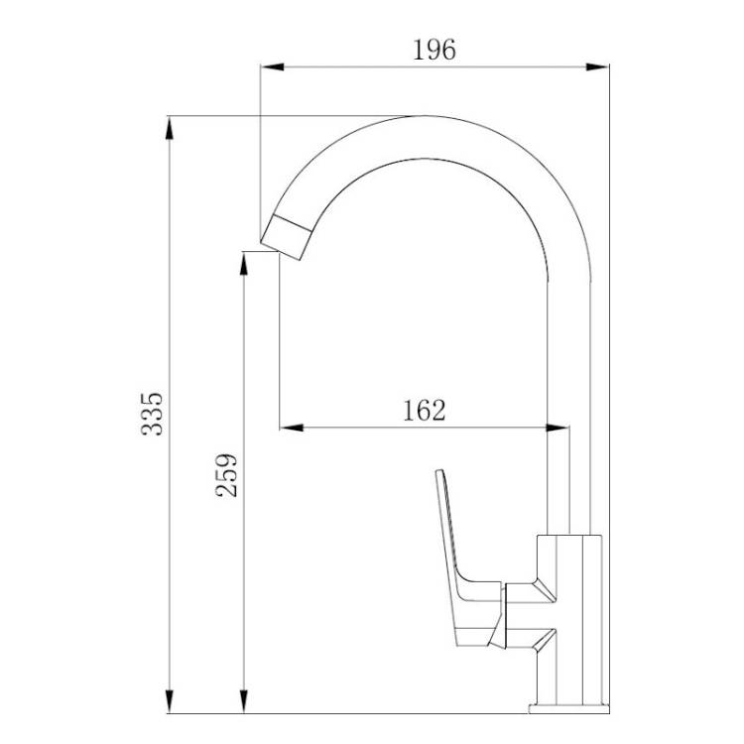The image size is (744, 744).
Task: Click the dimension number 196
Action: click(x=434, y=50)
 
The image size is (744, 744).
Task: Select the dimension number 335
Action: click(x=153, y=414)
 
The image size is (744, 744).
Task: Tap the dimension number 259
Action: click(x=226, y=475)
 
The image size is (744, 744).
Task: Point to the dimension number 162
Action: click(x=425, y=411)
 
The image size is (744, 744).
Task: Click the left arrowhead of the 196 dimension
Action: click(x=273, y=66)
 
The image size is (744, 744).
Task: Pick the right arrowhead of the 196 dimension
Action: click(x=597, y=66)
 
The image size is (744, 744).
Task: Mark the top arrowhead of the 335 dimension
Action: click(x=170, y=128)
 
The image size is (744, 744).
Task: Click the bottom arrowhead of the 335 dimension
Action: click(x=170, y=701)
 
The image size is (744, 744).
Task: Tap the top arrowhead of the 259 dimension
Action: click(x=244, y=263)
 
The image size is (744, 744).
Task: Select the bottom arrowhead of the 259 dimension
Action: click(x=244, y=701)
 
